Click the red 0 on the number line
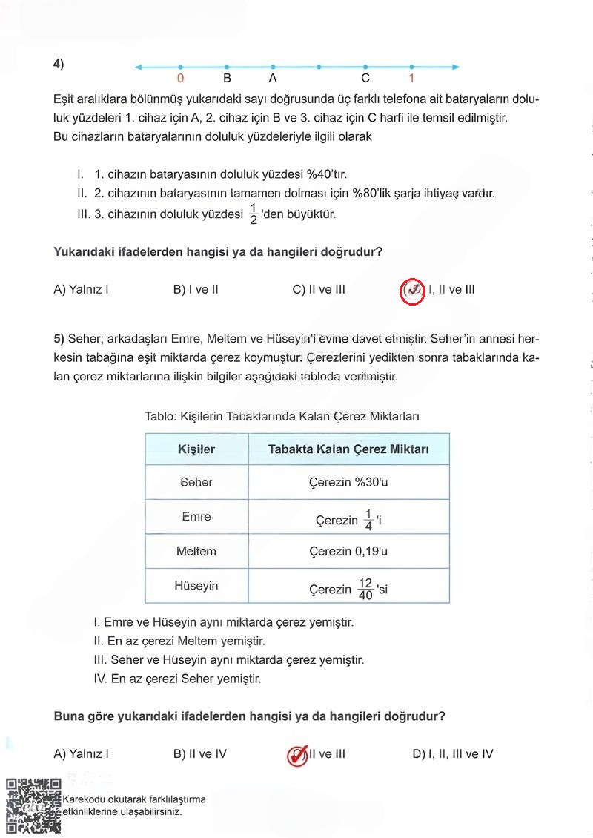tap(181, 78)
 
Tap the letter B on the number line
tap(228, 78)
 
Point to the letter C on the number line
tap(365, 78)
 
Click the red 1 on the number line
tap(411, 78)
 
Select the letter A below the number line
tap(273, 78)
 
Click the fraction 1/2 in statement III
tap(253, 214)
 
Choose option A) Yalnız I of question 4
tap(81, 290)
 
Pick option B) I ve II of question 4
tap(196, 290)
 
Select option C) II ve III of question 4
tap(319, 290)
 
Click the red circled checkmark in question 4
tap(413, 291)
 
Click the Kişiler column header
tap(196, 449)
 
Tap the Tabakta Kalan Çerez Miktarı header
tap(348, 449)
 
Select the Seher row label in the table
tap(196, 482)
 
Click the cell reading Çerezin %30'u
tap(348, 482)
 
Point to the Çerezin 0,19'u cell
tap(348, 552)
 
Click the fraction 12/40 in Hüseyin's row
tap(365, 589)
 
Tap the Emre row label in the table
tap(196, 517)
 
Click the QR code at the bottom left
tap(33, 805)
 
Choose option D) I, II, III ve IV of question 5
tap(452, 754)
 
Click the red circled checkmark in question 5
tap(297, 755)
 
